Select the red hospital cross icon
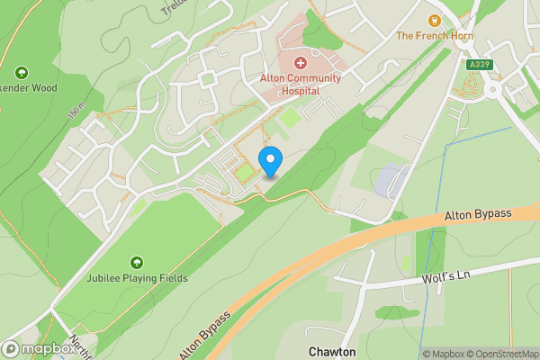(x=301, y=64)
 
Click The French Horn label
(x=436, y=36)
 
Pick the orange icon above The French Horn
(x=435, y=19)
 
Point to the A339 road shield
(x=479, y=65)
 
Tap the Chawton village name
(x=333, y=351)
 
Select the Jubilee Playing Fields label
(x=137, y=278)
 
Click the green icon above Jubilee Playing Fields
(x=137, y=262)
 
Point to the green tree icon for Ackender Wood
(x=22, y=73)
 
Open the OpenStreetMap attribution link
(x=500, y=354)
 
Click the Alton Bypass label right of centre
(x=477, y=215)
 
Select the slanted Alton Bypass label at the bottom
(x=204, y=334)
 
